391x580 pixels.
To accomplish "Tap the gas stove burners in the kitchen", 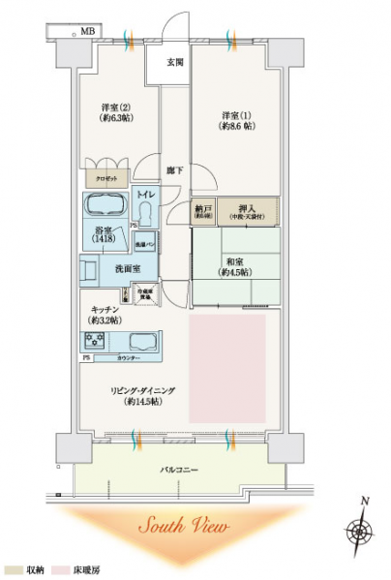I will [x=95, y=340].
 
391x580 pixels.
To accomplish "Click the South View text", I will [x=182, y=528].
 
